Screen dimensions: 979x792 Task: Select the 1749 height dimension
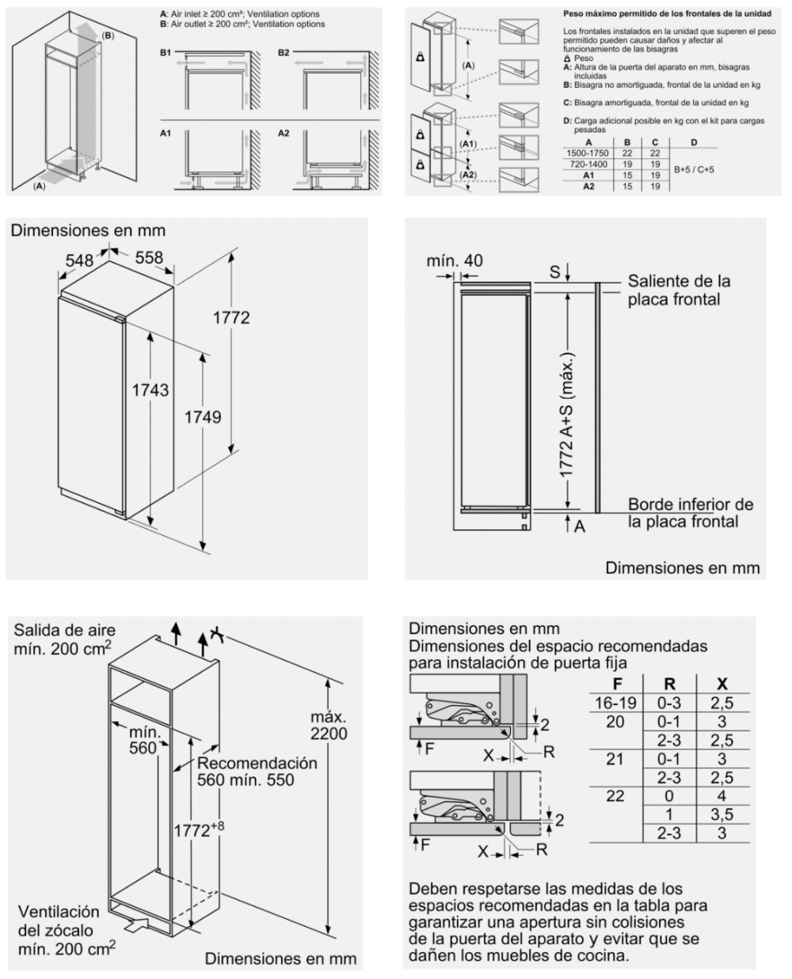(x=203, y=417)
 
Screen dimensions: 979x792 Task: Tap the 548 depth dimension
(x=79, y=259)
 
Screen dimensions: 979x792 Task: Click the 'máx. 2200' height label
(x=328, y=725)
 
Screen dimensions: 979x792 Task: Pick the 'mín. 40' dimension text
(x=455, y=261)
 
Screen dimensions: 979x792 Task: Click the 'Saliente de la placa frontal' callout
(x=679, y=290)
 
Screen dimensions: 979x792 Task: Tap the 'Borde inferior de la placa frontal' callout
(x=690, y=513)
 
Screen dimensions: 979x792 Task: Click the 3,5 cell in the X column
(x=722, y=814)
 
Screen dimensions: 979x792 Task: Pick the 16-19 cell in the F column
(x=615, y=703)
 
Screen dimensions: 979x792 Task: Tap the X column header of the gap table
(x=722, y=684)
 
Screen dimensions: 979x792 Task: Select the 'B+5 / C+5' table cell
(x=693, y=169)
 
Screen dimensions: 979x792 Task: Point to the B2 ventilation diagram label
(x=284, y=52)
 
